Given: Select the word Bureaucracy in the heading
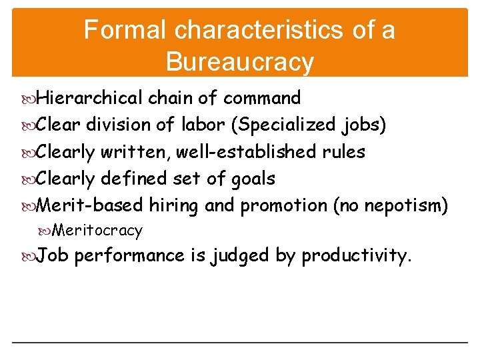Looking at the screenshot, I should (x=240, y=61).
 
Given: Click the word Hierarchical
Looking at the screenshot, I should (x=89, y=98).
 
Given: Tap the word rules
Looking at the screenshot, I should (x=343, y=152).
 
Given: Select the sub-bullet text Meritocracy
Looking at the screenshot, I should (x=97, y=231).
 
